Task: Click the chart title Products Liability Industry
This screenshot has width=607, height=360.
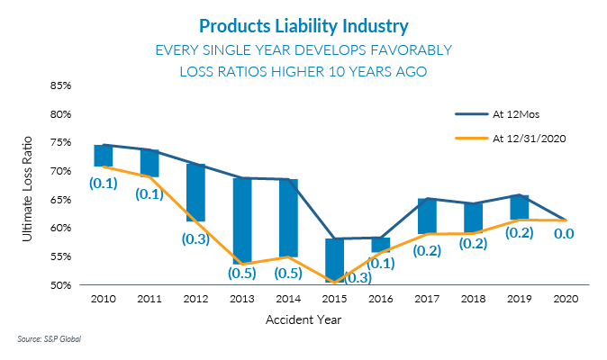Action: coord(303,24)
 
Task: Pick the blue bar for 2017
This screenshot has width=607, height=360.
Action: coord(428,216)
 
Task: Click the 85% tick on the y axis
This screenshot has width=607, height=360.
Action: coord(59,86)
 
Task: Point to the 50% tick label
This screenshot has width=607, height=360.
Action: coord(59,285)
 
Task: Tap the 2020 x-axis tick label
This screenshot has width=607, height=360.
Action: coord(565,299)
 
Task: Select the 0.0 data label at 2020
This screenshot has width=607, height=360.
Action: coord(565,233)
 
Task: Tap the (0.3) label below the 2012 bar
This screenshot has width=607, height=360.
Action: coord(195,238)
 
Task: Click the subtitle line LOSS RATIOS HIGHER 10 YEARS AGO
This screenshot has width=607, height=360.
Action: coord(303,71)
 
